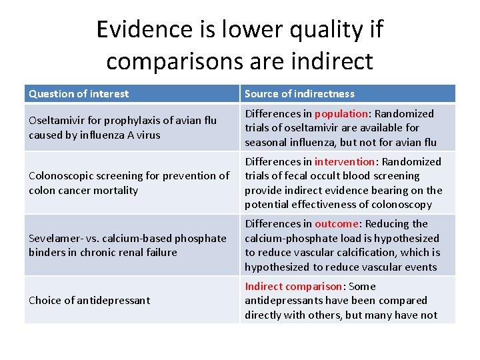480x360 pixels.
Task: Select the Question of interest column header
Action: click(79, 94)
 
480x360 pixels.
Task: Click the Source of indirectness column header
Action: click(299, 94)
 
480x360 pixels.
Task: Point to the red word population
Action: click(341, 114)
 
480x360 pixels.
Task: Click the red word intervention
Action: click(345, 162)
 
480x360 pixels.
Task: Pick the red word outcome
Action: click(337, 224)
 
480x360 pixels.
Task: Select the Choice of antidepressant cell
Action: click(89, 300)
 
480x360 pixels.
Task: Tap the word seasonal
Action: click(265, 142)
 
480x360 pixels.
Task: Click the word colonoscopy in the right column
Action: click(402, 205)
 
